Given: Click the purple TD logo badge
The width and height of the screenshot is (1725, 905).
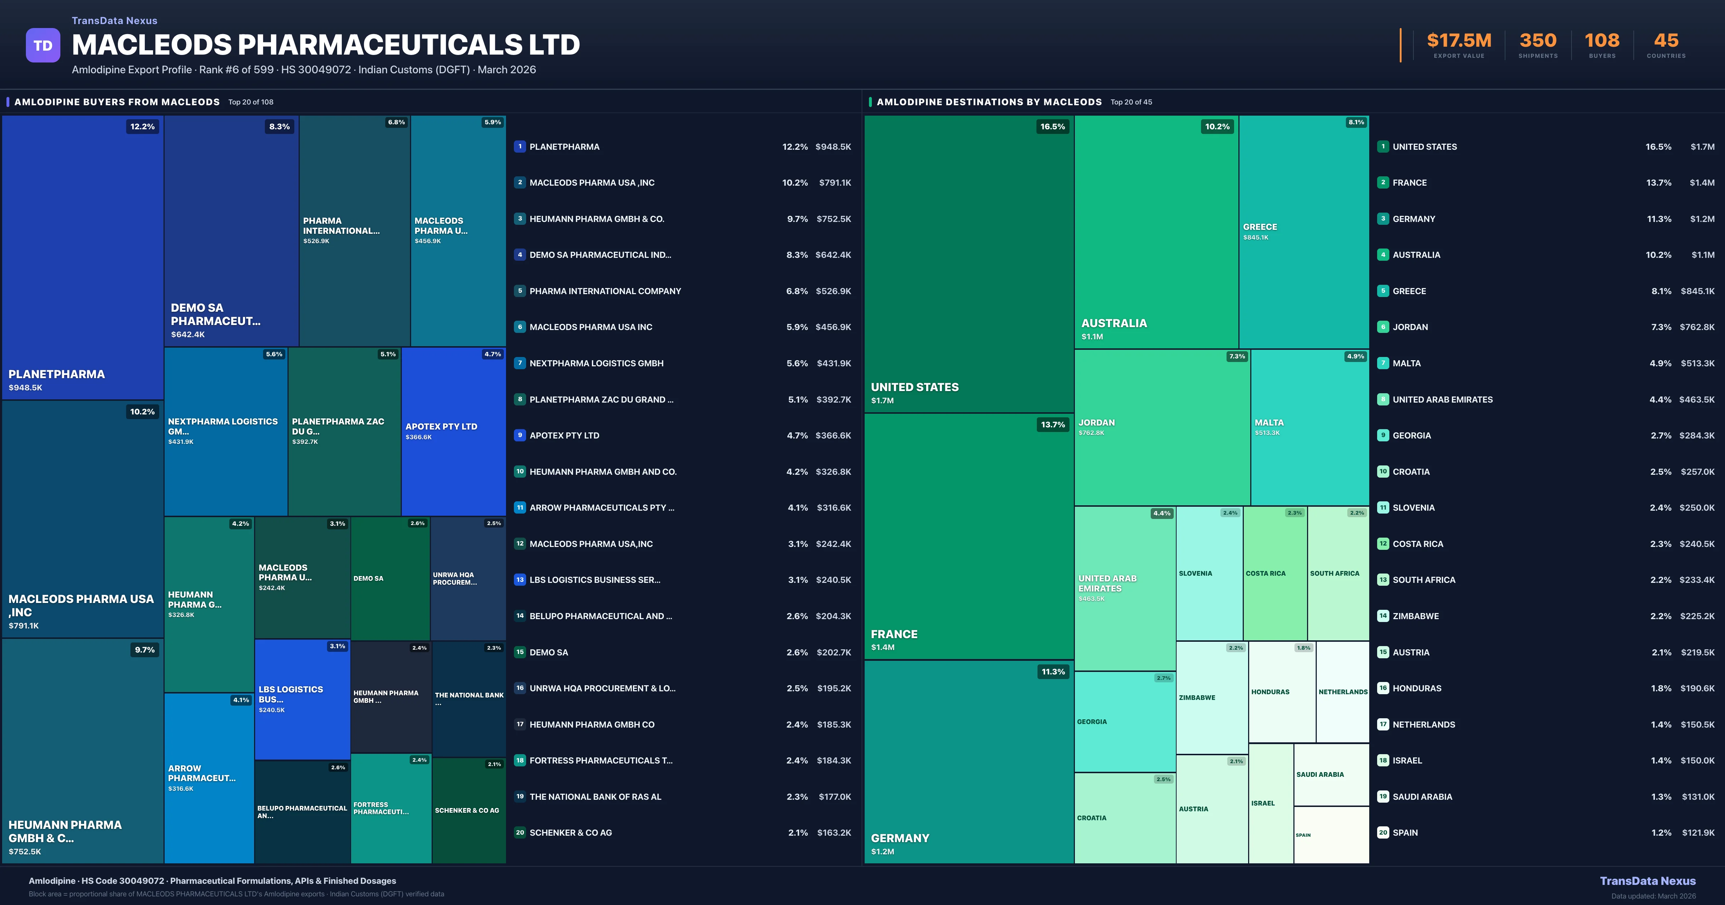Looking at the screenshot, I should click(43, 46).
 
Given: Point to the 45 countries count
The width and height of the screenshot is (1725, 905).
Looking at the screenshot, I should click(1666, 41).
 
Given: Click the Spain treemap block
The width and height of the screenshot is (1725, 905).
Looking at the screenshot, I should click(1331, 835).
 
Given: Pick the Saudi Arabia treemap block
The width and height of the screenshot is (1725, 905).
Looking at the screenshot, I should click(1331, 775).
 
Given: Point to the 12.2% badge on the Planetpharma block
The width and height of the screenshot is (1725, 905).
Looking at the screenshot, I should click(142, 126).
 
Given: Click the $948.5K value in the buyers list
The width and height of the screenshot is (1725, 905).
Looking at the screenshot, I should click(833, 147).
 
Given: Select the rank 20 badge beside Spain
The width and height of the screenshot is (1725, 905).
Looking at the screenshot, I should click(1383, 833).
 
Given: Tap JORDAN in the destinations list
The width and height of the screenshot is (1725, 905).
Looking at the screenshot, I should click(1410, 327).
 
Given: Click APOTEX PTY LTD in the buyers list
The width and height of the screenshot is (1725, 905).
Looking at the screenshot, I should click(564, 436).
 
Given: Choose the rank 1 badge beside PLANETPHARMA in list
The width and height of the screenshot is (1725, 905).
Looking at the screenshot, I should click(520, 147).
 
